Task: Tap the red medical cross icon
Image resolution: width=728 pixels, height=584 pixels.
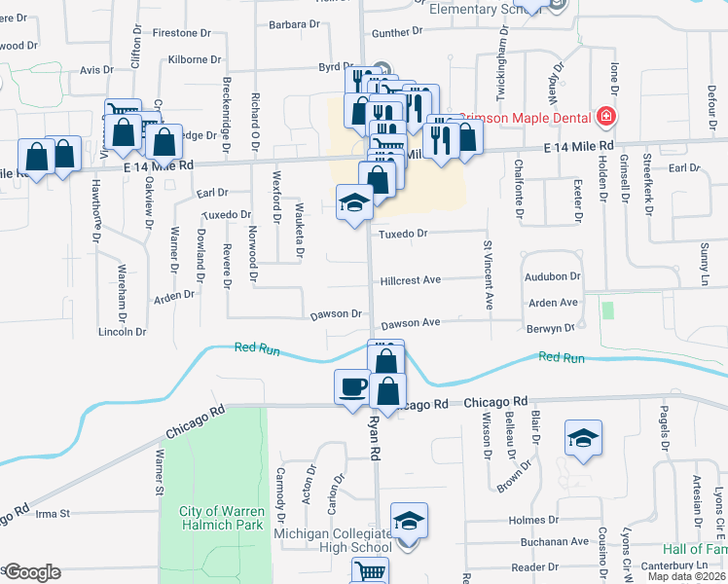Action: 605,117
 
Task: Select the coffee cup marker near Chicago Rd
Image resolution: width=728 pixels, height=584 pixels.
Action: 352,387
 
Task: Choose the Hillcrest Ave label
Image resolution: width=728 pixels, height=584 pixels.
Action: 411,279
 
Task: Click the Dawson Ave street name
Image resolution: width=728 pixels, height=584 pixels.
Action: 411,322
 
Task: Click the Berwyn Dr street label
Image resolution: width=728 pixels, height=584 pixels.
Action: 553,329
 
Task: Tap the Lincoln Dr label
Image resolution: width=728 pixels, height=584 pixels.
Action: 123,332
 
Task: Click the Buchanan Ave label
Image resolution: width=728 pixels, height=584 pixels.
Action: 555,541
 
